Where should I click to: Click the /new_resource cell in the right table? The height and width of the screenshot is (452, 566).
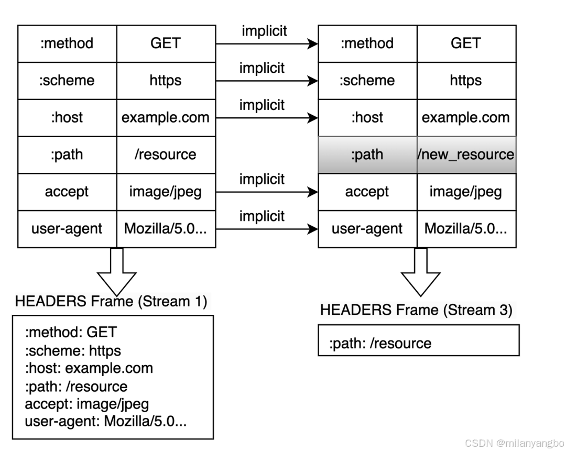(466, 155)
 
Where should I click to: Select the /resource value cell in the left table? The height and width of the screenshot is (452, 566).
(166, 155)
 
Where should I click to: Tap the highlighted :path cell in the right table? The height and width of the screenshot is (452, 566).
(367, 155)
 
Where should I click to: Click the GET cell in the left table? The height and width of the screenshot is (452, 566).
(166, 43)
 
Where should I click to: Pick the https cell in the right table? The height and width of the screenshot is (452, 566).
(466, 81)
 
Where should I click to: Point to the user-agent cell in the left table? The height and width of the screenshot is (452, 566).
(67, 229)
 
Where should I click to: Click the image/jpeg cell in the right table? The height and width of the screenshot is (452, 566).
(466, 192)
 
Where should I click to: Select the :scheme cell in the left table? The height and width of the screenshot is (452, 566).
(67, 81)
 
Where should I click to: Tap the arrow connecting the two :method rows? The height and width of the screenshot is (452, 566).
(267, 44)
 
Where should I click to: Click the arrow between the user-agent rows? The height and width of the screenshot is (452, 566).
(267, 229)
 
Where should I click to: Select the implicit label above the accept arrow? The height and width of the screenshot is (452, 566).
(262, 179)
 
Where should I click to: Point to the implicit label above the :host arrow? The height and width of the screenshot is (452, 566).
(262, 105)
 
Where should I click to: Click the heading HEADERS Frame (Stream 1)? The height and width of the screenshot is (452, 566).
(111, 301)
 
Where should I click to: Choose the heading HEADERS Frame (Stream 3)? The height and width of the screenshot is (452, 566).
(416, 310)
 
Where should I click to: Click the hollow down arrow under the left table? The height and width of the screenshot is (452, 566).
(116, 272)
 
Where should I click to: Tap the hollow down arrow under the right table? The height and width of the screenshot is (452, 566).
(420, 272)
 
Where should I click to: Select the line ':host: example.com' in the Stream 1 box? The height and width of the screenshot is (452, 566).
(89, 368)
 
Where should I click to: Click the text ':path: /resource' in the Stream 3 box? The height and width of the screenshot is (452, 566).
(380, 344)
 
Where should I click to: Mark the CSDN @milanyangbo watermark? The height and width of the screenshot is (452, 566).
(515, 443)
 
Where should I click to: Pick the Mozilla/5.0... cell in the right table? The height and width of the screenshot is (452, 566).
(466, 229)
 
